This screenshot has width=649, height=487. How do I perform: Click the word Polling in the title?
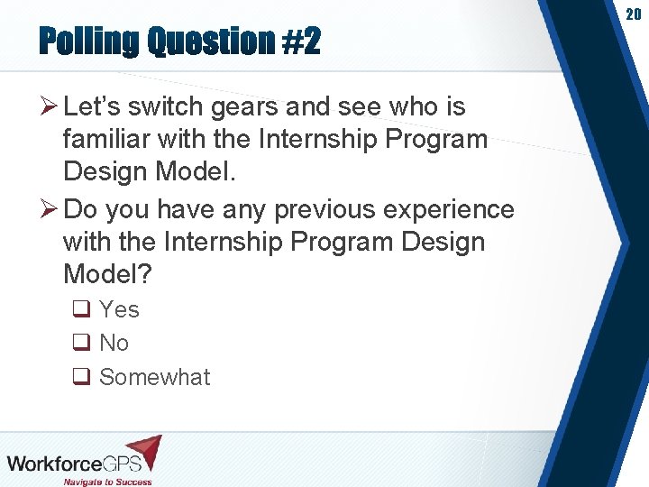89,41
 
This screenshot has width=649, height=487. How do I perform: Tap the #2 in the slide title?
300,41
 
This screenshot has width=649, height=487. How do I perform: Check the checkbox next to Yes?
81,310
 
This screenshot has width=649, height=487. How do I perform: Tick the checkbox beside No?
81,344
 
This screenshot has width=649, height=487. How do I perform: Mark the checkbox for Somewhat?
81,378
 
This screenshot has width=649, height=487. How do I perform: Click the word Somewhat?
154,377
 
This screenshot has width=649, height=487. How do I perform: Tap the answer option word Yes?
119,309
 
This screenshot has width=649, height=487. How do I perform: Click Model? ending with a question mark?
107,274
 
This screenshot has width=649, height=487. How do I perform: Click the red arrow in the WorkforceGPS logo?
145,450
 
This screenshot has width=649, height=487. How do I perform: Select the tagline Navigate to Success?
107,481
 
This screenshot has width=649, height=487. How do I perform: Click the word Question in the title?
210,41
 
